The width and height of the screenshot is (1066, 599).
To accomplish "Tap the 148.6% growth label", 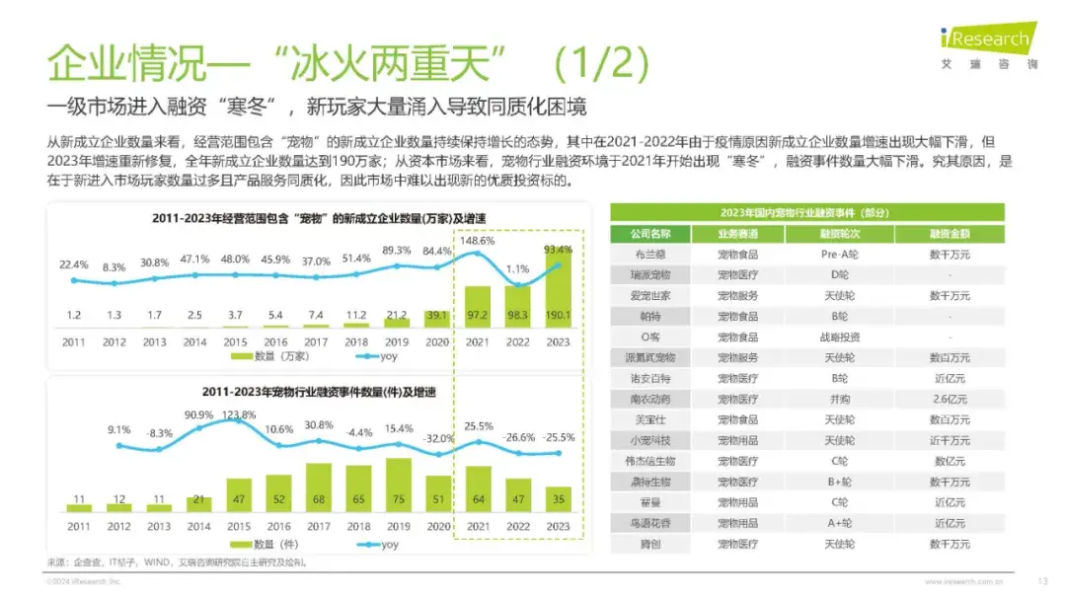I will click(x=478, y=240).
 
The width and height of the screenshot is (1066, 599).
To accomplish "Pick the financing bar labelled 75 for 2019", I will click(x=397, y=484).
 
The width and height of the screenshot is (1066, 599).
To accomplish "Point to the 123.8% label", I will click(x=240, y=414).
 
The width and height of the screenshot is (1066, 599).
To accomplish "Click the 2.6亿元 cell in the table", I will click(x=949, y=399).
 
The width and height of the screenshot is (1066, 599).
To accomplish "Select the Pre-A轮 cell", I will click(x=839, y=254).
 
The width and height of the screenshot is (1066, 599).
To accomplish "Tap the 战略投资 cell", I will click(x=839, y=337).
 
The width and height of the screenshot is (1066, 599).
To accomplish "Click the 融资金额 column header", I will click(x=949, y=233).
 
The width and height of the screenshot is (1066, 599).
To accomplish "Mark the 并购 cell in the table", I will click(x=839, y=399).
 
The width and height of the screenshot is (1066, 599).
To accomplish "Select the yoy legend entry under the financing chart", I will click(x=382, y=544).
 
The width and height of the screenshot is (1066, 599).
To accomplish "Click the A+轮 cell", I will click(x=839, y=523).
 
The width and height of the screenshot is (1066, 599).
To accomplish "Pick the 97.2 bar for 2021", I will click(x=478, y=307).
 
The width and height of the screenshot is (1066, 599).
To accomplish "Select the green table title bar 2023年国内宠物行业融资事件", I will click(x=806, y=212).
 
